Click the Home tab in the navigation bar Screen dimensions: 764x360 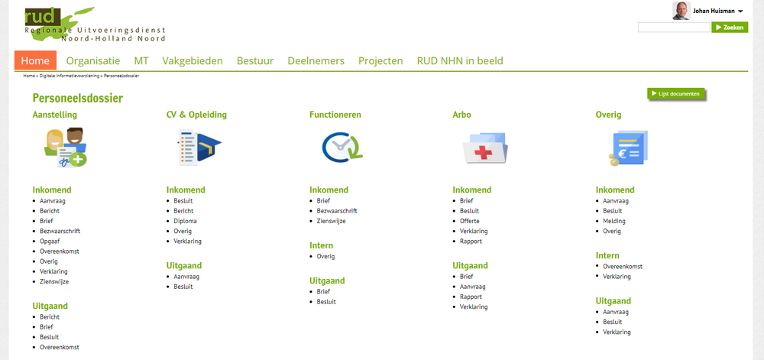pyautogui.click(x=35, y=61)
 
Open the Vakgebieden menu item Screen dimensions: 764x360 pyautogui.click(x=193, y=61)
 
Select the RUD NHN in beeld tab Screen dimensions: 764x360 pyautogui.click(x=460, y=61)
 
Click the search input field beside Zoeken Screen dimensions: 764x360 pyautogui.click(x=674, y=28)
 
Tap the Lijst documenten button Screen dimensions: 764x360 pyautogui.click(x=676, y=93)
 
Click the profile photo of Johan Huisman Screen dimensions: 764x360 pyautogui.click(x=681, y=11)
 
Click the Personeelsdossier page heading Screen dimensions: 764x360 pyautogui.click(x=78, y=99)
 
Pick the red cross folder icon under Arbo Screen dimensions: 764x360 pyautogui.click(x=484, y=148)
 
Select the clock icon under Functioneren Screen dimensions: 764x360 pyautogui.click(x=342, y=147)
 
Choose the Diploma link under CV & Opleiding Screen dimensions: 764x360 pyautogui.click(x=185, y=221)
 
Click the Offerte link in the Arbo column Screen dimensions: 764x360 pyautogui.click(x=470, y=221)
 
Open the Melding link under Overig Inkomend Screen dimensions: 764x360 pyautogui.click(x=614, y=221)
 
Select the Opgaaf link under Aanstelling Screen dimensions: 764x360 pyautogui.click(x=50, y=241)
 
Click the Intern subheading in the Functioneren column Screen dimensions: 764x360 pyautogui.click(x=321, y=245)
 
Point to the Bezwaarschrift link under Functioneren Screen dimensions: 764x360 pyautogui.click(x=337, y=211)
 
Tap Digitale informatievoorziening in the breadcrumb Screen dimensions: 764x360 pyautogui.click(x=69, y=76)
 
